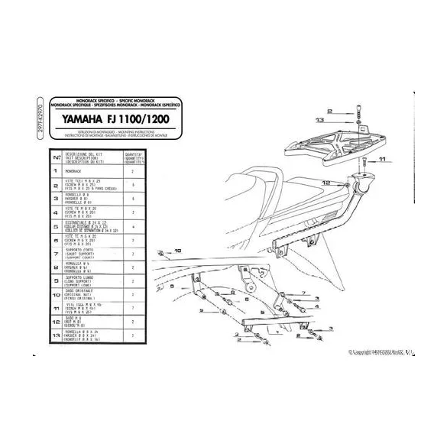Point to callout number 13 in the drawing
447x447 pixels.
click(320, 121)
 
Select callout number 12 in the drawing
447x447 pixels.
click(325, 183)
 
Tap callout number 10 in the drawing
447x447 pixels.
click(177, 250)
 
